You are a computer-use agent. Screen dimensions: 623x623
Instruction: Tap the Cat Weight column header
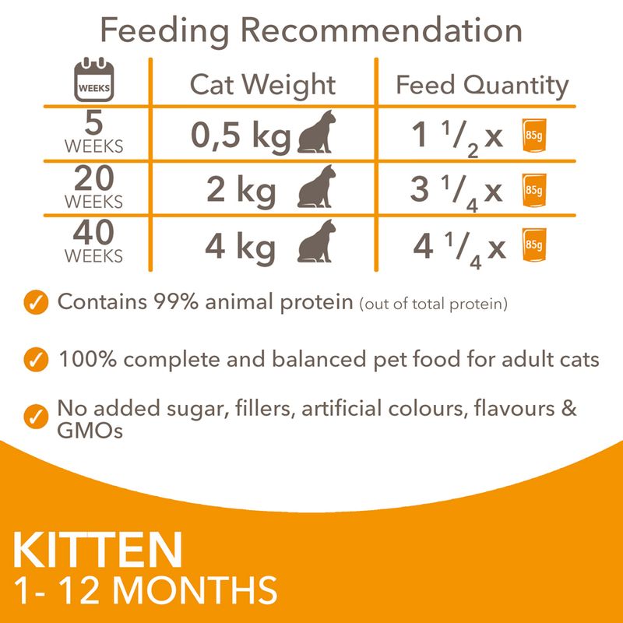(263, 85)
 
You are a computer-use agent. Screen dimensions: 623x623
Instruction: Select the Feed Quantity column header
(482, 85)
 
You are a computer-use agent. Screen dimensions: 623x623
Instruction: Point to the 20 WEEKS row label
(93, 188)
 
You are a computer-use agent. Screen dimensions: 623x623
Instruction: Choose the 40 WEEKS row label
(93, 242)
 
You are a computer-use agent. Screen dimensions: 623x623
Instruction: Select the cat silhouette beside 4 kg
(316, 243)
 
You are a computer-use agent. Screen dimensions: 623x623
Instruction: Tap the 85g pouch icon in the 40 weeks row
(533, 245)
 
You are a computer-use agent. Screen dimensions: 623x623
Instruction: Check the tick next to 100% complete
(34, 360)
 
